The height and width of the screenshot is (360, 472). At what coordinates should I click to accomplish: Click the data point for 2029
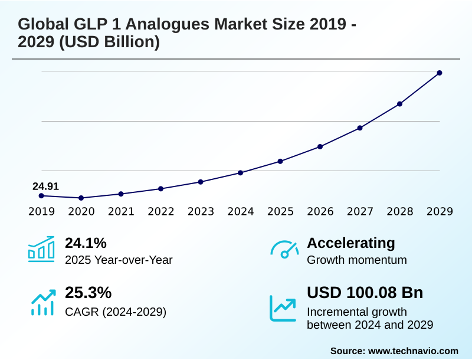point(440,73)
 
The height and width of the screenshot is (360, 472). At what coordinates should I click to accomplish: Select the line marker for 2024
point(241,173)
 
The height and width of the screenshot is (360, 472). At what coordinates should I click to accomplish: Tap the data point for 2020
point(81,198)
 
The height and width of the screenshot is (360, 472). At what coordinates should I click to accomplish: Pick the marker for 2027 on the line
point(360,128)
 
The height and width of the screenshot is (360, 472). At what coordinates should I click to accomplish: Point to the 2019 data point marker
point(41,195)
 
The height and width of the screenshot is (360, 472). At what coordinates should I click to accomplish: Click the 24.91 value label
point(45,186)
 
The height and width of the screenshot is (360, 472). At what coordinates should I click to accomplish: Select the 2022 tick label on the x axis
point(161,212)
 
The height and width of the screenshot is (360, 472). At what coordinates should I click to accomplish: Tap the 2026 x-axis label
point(320,212)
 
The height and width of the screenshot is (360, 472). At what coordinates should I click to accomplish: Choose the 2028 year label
point(400,212)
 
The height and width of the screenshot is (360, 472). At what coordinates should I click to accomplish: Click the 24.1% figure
point(86,243)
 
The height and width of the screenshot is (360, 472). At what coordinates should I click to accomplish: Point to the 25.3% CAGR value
point(88,293)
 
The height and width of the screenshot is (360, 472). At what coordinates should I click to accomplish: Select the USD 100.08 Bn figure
point(365,293)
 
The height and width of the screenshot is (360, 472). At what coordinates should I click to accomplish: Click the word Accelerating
point(351,243)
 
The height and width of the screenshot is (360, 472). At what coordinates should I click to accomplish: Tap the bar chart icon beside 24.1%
point(41,250)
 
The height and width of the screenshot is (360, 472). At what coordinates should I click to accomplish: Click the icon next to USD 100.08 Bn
point(283,307)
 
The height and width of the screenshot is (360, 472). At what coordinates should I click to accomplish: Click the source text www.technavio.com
point(413,351)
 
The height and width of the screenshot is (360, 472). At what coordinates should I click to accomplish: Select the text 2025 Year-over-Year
point(119,260)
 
